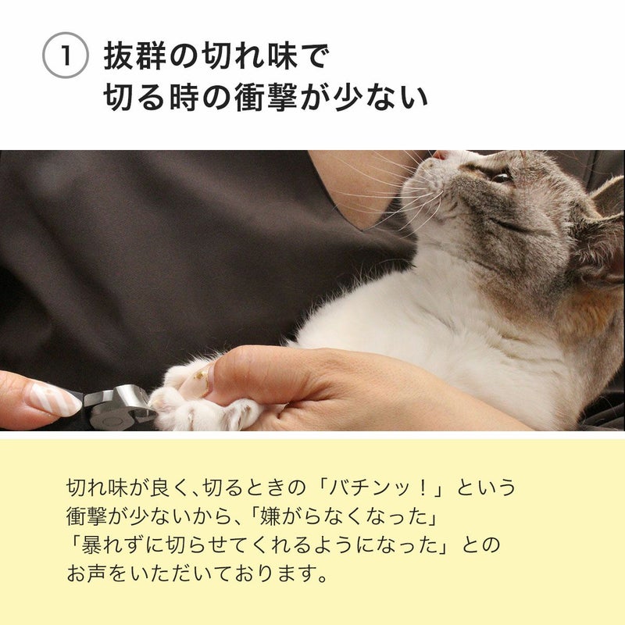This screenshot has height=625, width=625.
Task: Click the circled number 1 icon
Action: (65, 55)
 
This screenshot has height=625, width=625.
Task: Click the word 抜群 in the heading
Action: (134, 56)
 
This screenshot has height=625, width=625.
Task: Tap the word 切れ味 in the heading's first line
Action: (249, 56)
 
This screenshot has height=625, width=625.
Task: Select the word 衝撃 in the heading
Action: (266, 97)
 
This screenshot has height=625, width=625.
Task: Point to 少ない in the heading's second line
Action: (380, 97)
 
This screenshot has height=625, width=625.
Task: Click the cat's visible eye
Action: (501, 177)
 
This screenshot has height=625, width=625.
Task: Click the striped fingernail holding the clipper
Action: (55, 398)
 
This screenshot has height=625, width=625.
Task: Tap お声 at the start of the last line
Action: (86, 573)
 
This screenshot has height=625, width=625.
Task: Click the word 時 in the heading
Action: (184, 97)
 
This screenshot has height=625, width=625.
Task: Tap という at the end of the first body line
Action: (486, 487)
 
